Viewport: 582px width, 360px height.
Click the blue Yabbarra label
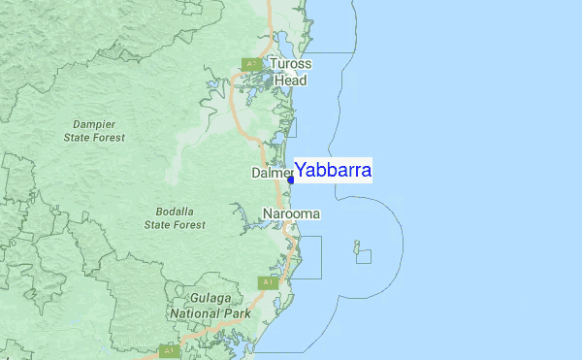[x=333, y=171]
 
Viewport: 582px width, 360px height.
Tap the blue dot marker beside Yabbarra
[x=291, y=180]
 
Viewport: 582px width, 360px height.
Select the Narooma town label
[x=291, y=213]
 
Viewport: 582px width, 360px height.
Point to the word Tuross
[x=291, y=65]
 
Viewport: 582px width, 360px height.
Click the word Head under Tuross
[x=290, y=81]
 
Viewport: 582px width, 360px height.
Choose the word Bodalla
[x=175, y=212]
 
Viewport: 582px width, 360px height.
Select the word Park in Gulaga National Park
[x=236, y=313]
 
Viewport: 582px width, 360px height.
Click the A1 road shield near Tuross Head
[x=249, y=64]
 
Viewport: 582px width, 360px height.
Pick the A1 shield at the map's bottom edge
[x=171, y=347]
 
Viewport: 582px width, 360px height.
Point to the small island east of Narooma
[x=357, y=245]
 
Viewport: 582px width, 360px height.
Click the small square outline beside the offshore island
[x=363, y=256]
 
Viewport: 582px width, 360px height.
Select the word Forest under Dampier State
[x=107, y=138]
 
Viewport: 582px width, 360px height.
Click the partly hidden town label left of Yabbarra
[x=271, y=173]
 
